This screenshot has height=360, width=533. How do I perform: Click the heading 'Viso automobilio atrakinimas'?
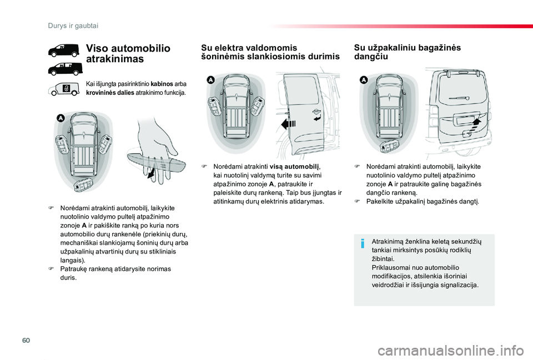[x=128, y=53]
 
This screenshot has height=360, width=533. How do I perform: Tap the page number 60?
[x=26, y=340]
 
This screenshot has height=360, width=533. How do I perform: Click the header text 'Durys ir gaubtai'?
[x=73, y=26]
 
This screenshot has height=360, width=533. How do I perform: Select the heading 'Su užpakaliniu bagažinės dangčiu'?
[x=407, y=52]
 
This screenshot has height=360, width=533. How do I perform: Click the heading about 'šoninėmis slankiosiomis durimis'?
[x=270, y=52]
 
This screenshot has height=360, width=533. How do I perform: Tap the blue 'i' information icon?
[x=363, y=244]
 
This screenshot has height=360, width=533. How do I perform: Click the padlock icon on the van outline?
[x=66, y=89]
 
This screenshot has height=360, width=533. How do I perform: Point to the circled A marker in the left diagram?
[x=61, y=118]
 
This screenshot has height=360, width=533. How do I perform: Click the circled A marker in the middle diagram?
[x=210, y=80]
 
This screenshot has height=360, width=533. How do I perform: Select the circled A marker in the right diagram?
[x=364, y=80]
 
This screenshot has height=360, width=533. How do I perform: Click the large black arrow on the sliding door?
[x=289, y=124]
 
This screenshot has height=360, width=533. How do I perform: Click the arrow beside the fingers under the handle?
[x=151, y=173]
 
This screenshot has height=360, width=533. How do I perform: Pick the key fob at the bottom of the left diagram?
[x=84, y=185]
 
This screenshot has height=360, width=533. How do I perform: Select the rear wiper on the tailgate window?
[x=459, y=98]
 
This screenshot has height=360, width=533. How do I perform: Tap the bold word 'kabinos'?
[x=162, y=84]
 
